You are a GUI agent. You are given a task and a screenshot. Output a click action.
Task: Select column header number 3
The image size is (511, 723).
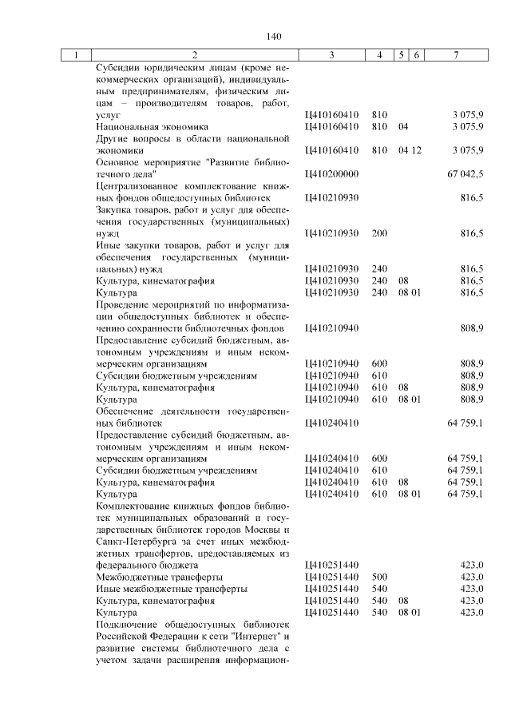[x=331, y=55]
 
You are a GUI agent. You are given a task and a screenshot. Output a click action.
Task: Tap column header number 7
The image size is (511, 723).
[x=455, y=55]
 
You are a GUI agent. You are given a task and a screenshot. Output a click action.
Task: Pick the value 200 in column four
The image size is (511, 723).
[x=379, y=233]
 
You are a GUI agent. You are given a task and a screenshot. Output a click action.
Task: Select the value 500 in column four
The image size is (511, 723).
[x=379, y=576]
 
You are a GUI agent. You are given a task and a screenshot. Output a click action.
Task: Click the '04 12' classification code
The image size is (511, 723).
[x=410, y=149]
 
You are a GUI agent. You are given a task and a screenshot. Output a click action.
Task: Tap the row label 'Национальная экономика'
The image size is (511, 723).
[x=151, y=126]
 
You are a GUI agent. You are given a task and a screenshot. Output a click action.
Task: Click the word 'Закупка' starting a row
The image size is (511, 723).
[x=113, y=209]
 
